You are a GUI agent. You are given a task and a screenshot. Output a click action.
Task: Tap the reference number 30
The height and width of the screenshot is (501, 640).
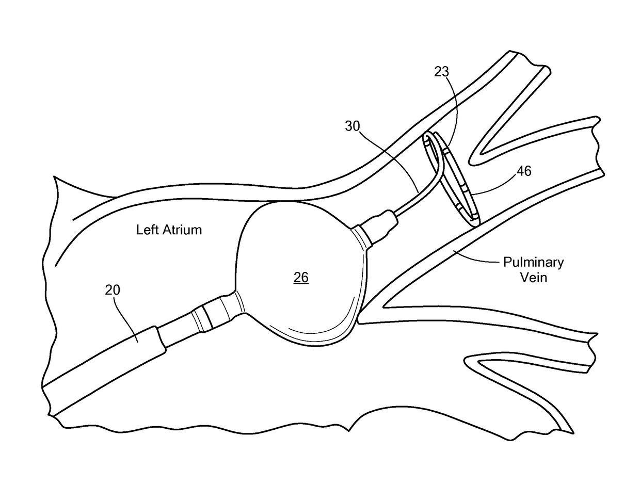(x=353, y=127)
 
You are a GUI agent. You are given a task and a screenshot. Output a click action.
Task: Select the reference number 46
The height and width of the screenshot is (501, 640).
(x=523, y=171)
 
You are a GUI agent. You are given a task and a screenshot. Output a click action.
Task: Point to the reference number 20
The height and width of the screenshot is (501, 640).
(x=113, y=290)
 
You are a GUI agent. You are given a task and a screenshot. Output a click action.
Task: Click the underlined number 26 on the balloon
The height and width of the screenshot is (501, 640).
(x=301, y=278)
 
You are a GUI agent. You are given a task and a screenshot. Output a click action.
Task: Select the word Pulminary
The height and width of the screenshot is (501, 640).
(x=533, y=262)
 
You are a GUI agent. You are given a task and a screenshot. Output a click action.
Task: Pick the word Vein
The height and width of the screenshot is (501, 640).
(x=533, y=278)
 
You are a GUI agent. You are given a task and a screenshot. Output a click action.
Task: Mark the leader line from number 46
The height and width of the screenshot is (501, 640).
(x=493, y=189)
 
